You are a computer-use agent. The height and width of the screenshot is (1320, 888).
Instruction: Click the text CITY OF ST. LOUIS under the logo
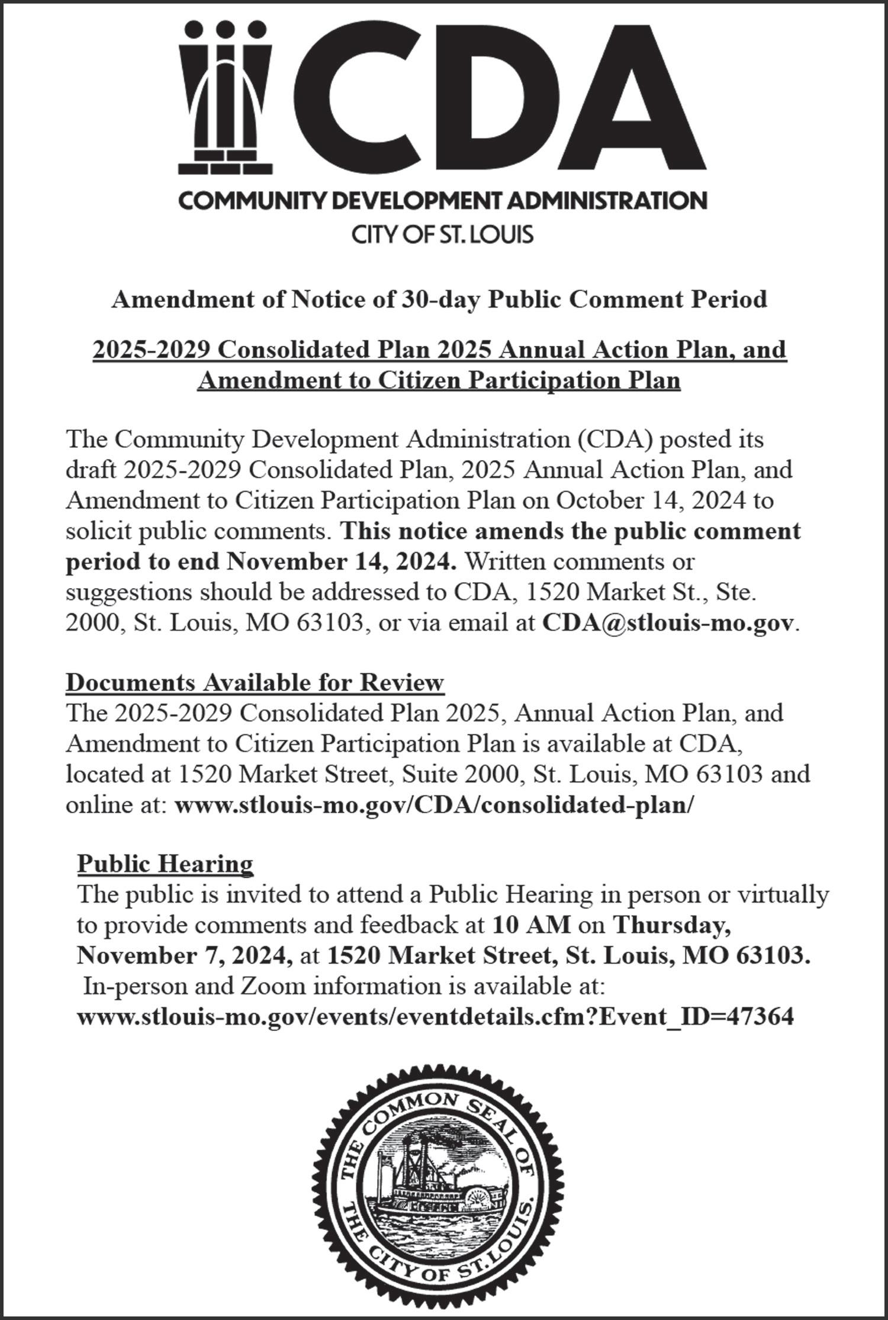[443, 235]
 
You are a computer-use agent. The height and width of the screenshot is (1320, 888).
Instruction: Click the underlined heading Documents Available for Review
[255, 682]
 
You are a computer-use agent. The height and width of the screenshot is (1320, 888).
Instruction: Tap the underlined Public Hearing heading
[165, 863]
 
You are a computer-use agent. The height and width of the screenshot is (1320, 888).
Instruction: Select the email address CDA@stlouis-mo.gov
[667, 622]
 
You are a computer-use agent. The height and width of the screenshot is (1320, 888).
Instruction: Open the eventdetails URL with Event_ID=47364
[435, 1016]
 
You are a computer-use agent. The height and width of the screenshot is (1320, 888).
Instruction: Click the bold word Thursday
[671, 925]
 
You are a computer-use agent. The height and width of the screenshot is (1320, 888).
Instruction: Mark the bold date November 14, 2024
[341, 561]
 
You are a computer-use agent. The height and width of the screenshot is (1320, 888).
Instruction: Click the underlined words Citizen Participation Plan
[529, 380]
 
